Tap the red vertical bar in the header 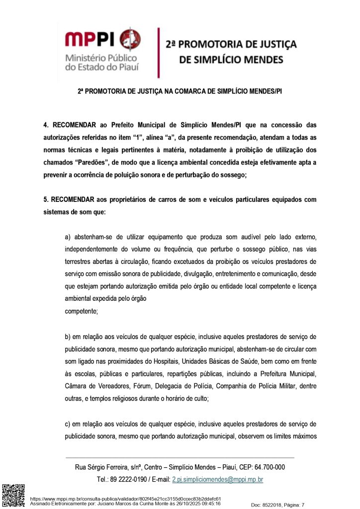pyautogui.click(x=158, y=53)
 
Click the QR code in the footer pyautogui.click(x=13, y=495)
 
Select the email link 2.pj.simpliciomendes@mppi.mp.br pyautogui.click(x=217, y=480)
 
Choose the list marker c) pyautogui.click(x=68, y=424)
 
